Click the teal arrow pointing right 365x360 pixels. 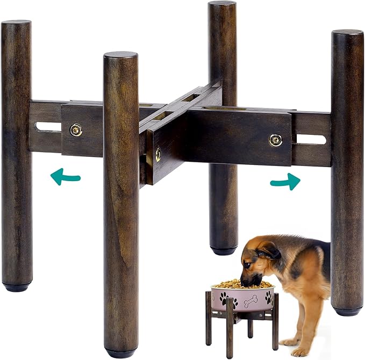click(x=285, y=182)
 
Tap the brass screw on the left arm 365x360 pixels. click(x=76, y=129)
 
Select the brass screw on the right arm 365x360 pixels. click(x=275, y=140)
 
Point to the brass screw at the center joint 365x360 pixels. click(x=157, y=155)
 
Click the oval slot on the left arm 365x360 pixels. click(x=48, y=127)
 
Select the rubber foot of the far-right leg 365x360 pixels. click(x=347, y=311)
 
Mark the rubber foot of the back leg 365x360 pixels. click(x=224, y=250)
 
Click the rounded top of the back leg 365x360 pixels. click(x=223, y=4)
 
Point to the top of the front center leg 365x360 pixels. click(x=120, y=55)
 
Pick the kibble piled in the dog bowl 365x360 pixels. click(x=242, y=284)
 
